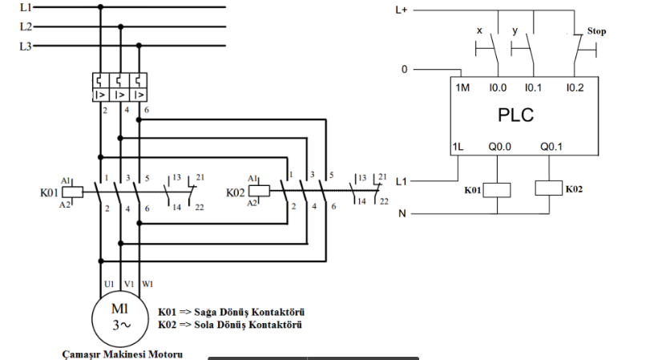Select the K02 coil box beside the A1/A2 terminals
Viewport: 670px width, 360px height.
pyautogui.click(x=259, y=191)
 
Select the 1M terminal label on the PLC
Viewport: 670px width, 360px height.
pyautogui.click(x=462, y=87)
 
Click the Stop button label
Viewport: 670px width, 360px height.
pyautogui.click(x=595, y=31)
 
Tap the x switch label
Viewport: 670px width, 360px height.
pyautogui.click(x=479, y=30)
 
